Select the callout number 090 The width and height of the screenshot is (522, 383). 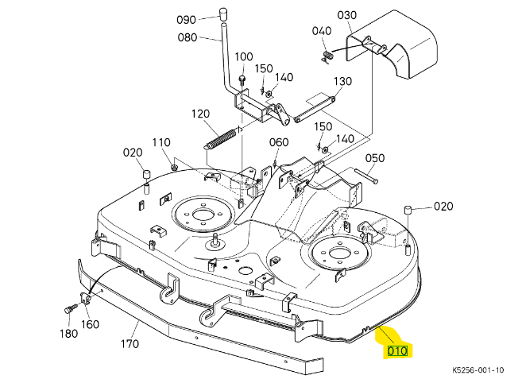[185, 19]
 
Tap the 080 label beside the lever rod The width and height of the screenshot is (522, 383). [187, 37]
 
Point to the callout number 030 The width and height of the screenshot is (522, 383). [347, 15]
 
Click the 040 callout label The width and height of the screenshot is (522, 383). [321, 31]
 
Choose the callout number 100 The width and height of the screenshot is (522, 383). [244, 56]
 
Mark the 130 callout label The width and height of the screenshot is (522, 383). [342, 82]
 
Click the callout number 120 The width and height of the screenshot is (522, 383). [201, 114]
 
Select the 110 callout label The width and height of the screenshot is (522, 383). [161, 142]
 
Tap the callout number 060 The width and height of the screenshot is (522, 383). [279, 142]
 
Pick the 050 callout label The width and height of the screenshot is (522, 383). [374, 158]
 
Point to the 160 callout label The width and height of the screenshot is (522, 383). [91, 323]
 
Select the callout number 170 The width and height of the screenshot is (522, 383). [130, 344]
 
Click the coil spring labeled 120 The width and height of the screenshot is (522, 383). [222, 137]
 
